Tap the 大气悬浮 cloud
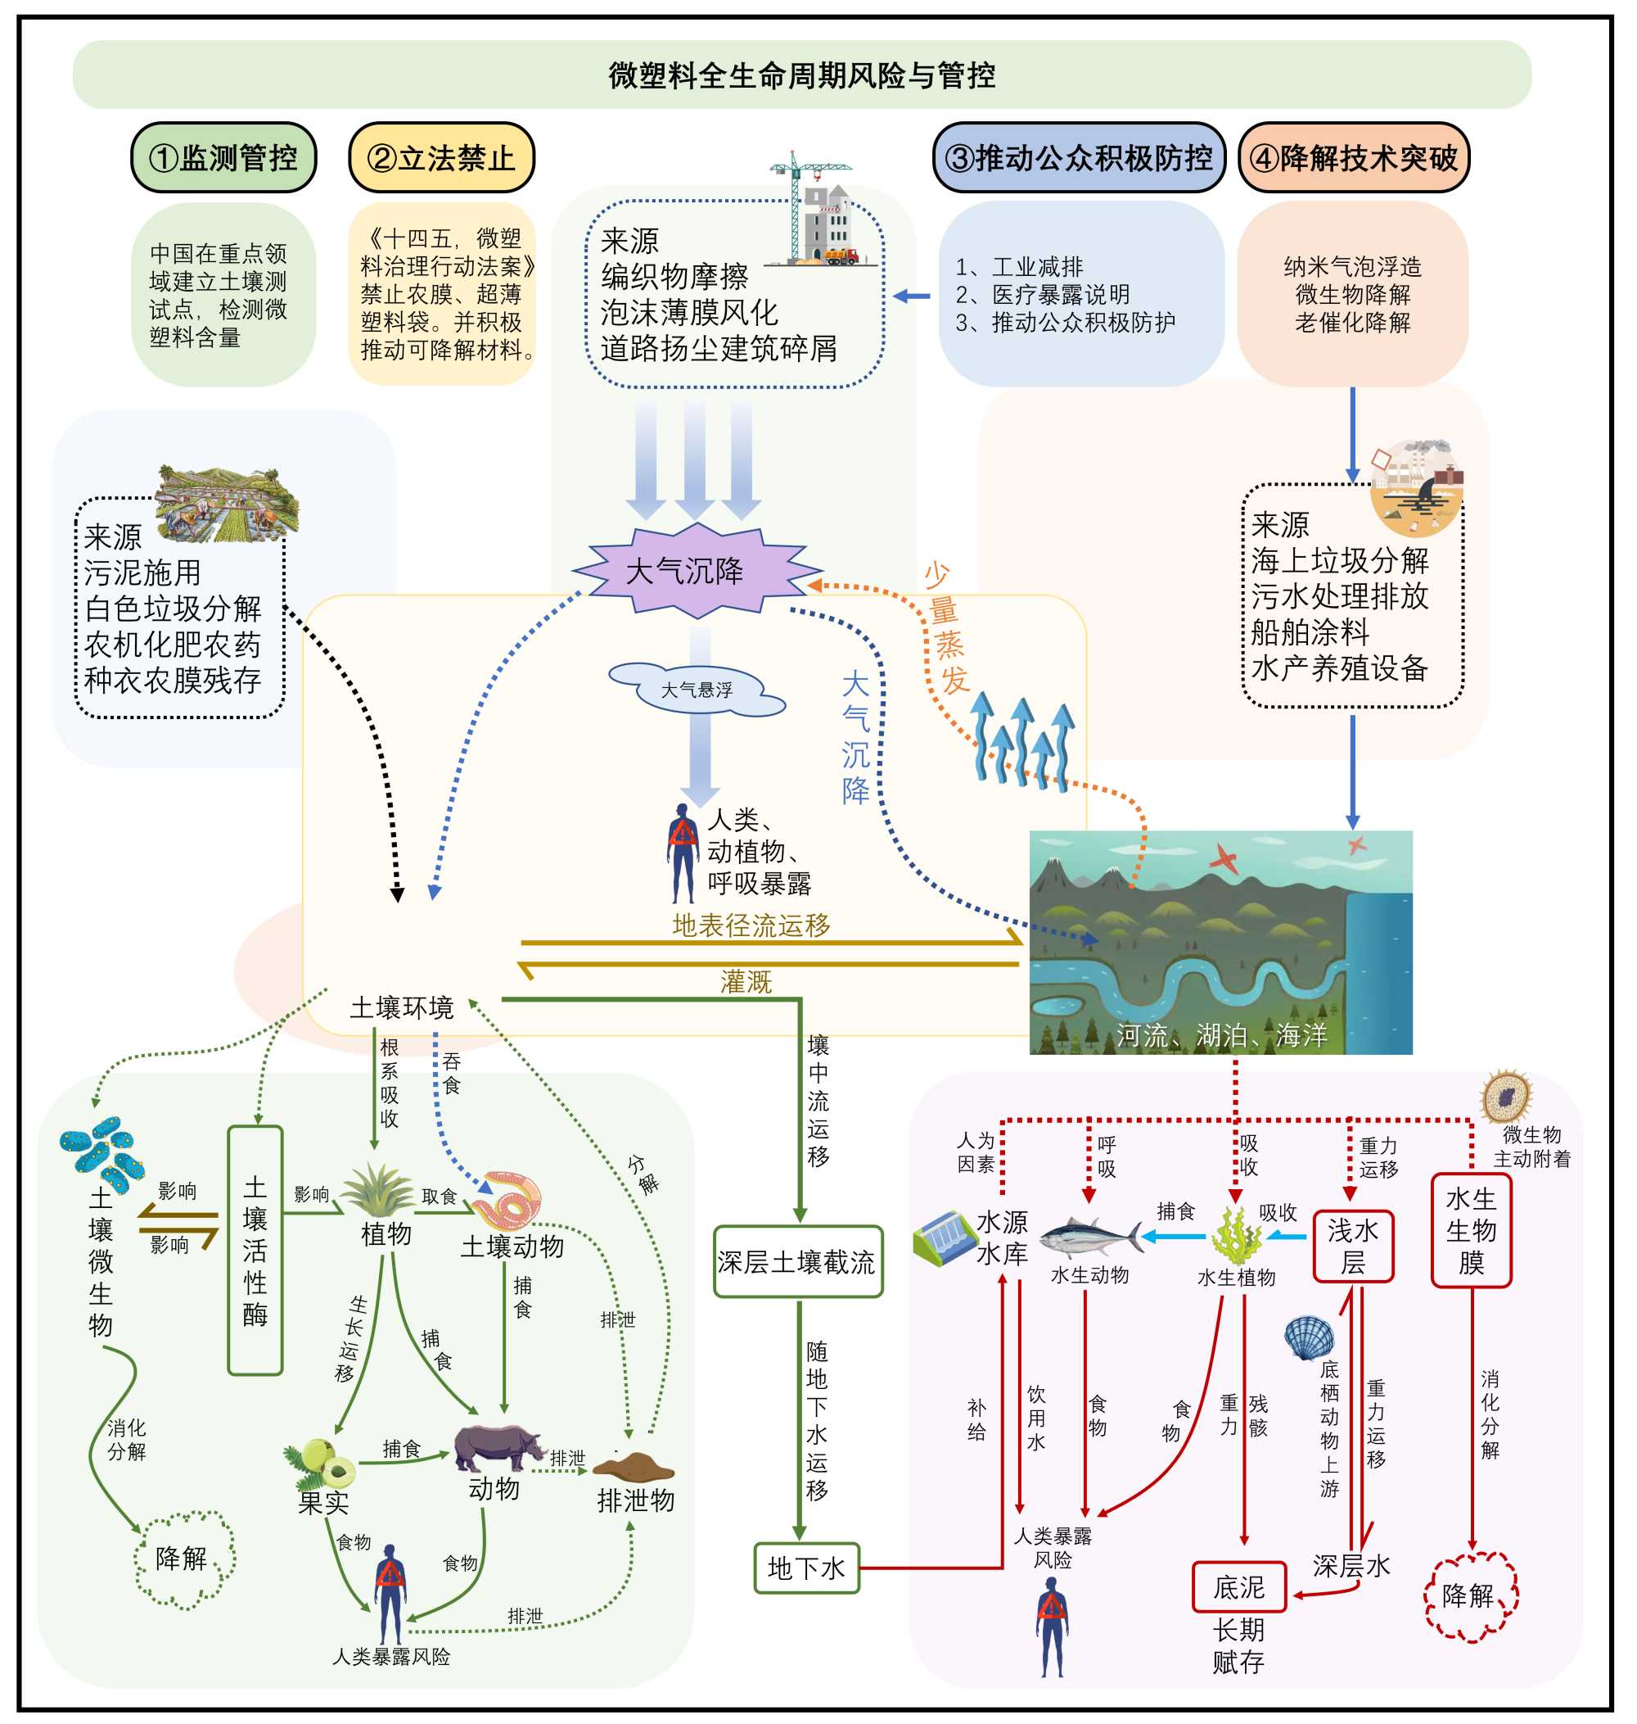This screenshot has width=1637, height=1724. click(x=697, y=690)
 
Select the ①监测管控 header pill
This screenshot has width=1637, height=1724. click(x=223, y=158)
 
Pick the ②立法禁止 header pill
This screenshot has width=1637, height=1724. click(x=441, y=158)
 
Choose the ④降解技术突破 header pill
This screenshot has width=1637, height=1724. click(x=1354, y=158)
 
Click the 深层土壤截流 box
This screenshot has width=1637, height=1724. click(x=797, y=1261)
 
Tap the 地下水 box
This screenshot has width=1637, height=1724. click(x=806, y=1568)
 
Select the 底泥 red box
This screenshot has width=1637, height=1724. click(x=1238, y=1587)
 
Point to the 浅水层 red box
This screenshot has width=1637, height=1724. click(x=1352, y=1246)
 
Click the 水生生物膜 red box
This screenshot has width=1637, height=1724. click(x=1470, y=1230)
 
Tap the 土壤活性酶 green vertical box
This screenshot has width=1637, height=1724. click(x=255, y=1250)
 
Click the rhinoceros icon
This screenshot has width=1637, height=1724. click(x=497, y=1448)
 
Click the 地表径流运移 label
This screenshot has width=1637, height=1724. click(x=751, y=925)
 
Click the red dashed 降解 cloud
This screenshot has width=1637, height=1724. click(x=1470, y=1595)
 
